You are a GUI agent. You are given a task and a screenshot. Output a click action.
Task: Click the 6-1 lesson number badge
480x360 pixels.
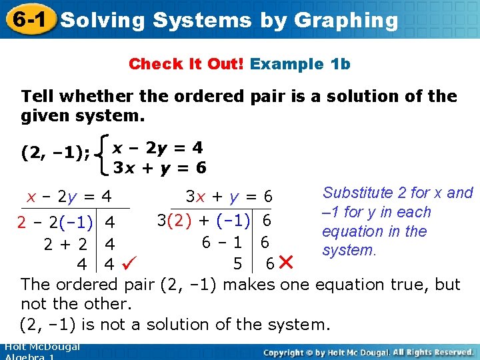27,19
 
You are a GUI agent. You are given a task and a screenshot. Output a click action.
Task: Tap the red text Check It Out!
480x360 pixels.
187,64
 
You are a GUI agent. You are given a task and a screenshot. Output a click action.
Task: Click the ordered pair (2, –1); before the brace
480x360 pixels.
55,153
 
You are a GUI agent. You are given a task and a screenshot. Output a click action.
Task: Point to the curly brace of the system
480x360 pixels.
104,154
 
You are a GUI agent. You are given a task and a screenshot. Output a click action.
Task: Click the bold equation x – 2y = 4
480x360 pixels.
158,147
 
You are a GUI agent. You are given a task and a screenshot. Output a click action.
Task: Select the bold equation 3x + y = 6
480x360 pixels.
159,167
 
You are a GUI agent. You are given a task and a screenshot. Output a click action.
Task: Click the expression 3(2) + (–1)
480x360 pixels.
204,219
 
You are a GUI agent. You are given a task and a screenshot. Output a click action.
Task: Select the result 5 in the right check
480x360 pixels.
237,263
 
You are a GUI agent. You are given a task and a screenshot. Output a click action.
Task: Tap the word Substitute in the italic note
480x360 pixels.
357,193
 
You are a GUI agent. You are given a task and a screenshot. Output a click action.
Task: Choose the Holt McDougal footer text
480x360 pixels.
41,347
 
